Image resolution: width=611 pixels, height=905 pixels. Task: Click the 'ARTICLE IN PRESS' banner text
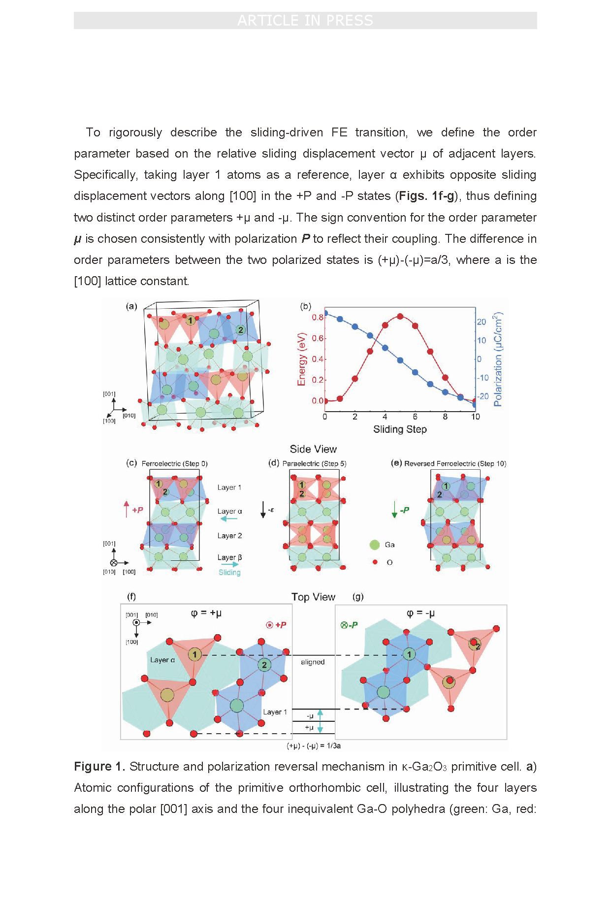pyautogui.click(x=305, y=21)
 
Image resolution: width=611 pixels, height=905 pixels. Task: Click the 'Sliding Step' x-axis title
pyautogui.click(x=400, y=429)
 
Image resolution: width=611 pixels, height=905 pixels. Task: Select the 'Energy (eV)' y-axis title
pyautogui.click(x=302, y=359)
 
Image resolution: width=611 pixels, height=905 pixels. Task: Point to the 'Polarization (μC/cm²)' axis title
pyautogui.click(x=498, y=359)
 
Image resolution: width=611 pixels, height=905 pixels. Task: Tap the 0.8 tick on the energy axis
pyautogui.click(x=318, y=317)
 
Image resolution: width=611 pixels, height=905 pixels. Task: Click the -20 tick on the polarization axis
pyautogui.click(x=482, y=396)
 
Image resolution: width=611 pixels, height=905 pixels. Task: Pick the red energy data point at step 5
pyautogui.click(x=400, y=316)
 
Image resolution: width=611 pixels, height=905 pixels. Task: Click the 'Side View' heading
pyautogui.click(x=313, y=449)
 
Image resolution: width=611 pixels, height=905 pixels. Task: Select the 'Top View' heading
pyautogui.click(x=313, y=597)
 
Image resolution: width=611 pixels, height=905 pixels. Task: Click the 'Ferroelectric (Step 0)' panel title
pyautogui.click(x=174, y=463)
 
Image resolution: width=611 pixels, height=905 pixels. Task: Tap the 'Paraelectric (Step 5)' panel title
pyautogui.click(x=314, y=463)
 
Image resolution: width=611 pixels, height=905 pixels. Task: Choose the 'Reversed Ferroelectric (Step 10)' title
pyautogui.click(x=455, y=463)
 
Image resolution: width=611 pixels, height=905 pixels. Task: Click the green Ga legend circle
pyautogui.click(x=375, y=545)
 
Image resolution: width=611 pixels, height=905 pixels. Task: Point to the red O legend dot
pyautogui.click(x=375, y=562)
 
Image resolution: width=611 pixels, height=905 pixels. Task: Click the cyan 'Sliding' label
pyautogui.click(x=229, y=572)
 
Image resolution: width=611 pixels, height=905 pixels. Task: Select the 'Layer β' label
pyautogui.click(x=229, y=557)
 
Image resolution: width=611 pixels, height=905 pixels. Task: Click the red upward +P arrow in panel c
pyautogui.click(x=127, y=509)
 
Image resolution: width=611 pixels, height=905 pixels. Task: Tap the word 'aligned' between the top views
pyautogui.click(x=313, y=662)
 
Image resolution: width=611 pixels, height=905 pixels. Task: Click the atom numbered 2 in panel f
pyautogui.click(x=264, y=665)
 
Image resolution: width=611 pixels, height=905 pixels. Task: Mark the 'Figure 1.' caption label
pyautogui.click(x=99, y=767)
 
